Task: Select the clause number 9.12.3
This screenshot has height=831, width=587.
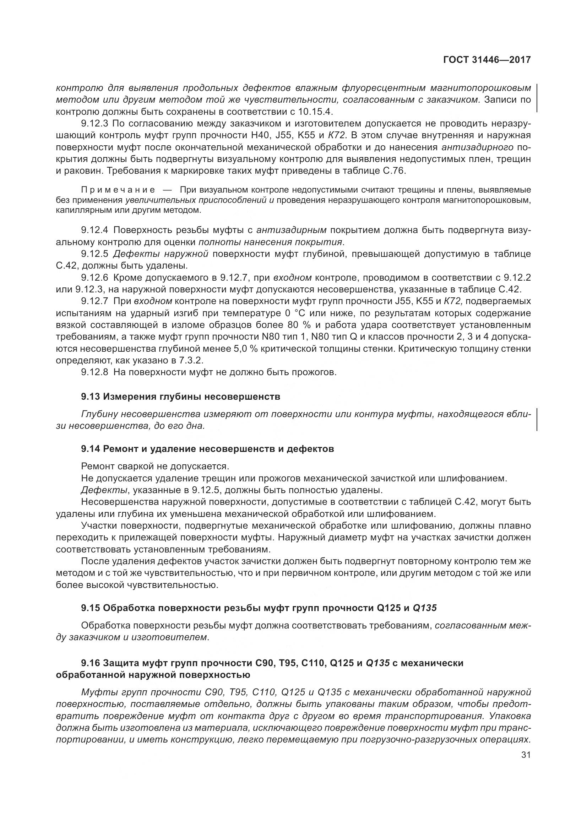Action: click(x=95, y=124)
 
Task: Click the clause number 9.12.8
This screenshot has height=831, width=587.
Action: click(x=95, y=372)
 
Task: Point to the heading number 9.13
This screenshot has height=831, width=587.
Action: click(x=91, y=397)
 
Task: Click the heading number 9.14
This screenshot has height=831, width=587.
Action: click(x=91, y=449)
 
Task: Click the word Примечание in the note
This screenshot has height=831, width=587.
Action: click(x=118, y=190)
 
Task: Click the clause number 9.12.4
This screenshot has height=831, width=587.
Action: click(x=95, y=230)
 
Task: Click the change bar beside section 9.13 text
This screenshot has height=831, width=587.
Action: click(x=537, y=420)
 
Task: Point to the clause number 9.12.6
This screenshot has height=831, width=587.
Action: click(x=95, y=277)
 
